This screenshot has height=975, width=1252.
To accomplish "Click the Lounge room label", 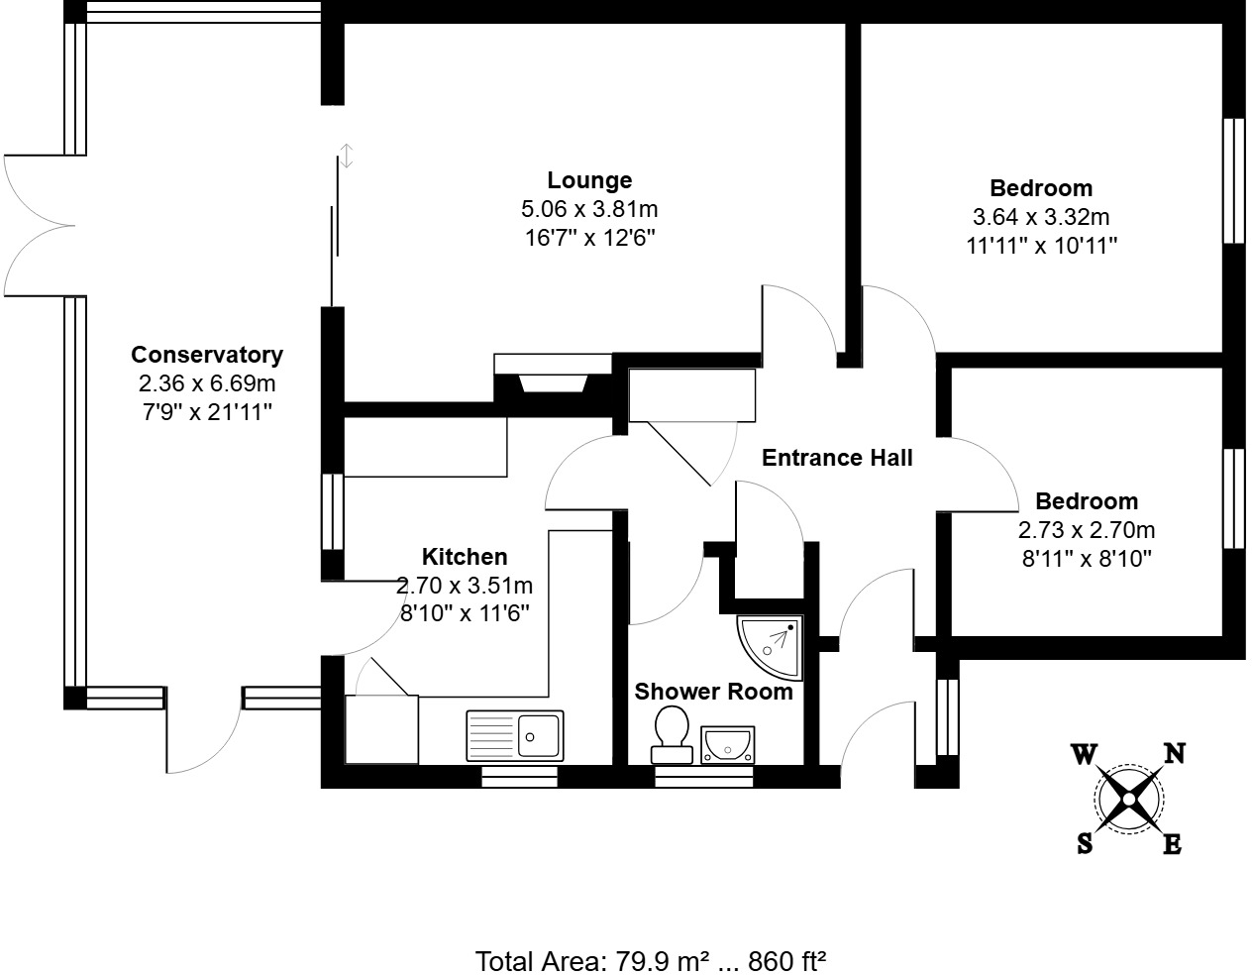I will point(589,180).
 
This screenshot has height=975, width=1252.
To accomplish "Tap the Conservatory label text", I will point(207,355).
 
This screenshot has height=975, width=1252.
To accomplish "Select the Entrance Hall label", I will point(837,458).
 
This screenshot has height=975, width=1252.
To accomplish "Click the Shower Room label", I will point(713,692).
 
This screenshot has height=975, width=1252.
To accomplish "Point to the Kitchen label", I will point(465,557).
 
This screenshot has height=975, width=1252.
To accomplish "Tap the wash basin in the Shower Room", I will point(728,743).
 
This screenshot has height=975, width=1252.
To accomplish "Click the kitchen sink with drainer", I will point(514,735).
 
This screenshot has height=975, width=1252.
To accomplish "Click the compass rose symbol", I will point(1128,798).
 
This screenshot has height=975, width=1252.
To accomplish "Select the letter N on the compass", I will point(1174,755).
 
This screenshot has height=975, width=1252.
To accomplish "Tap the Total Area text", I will point(651,960).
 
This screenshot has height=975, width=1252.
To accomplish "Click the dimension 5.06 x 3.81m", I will point(589,209).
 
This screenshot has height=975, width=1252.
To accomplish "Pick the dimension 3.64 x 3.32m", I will point(1041,217).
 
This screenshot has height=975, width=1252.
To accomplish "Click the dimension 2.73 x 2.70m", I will point(1087,530).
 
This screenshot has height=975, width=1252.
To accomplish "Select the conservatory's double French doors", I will point(40,226).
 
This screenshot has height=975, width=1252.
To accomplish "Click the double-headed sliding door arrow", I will point(347,156).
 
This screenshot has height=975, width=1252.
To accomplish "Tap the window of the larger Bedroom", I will point(1233,180).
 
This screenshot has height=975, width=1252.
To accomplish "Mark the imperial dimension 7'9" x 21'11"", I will point(207,412).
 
